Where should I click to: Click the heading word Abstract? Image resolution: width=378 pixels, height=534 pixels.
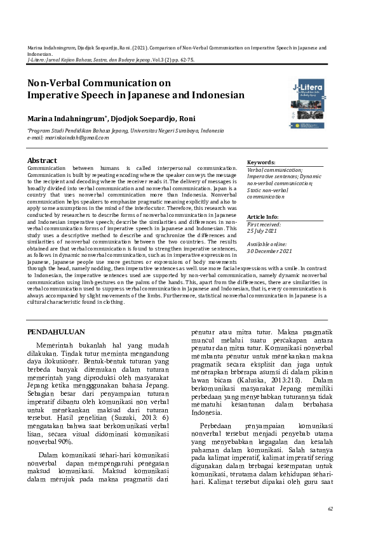pyautogui.click(x=43, y=160)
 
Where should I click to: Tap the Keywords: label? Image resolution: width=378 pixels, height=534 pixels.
pyautogui.click(x=261, y=162)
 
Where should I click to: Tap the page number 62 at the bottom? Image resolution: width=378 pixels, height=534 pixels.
pyautogui.click(x=330, y=509)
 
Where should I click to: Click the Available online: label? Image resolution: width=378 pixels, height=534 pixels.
pyautogui.click(x=267, y=244)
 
